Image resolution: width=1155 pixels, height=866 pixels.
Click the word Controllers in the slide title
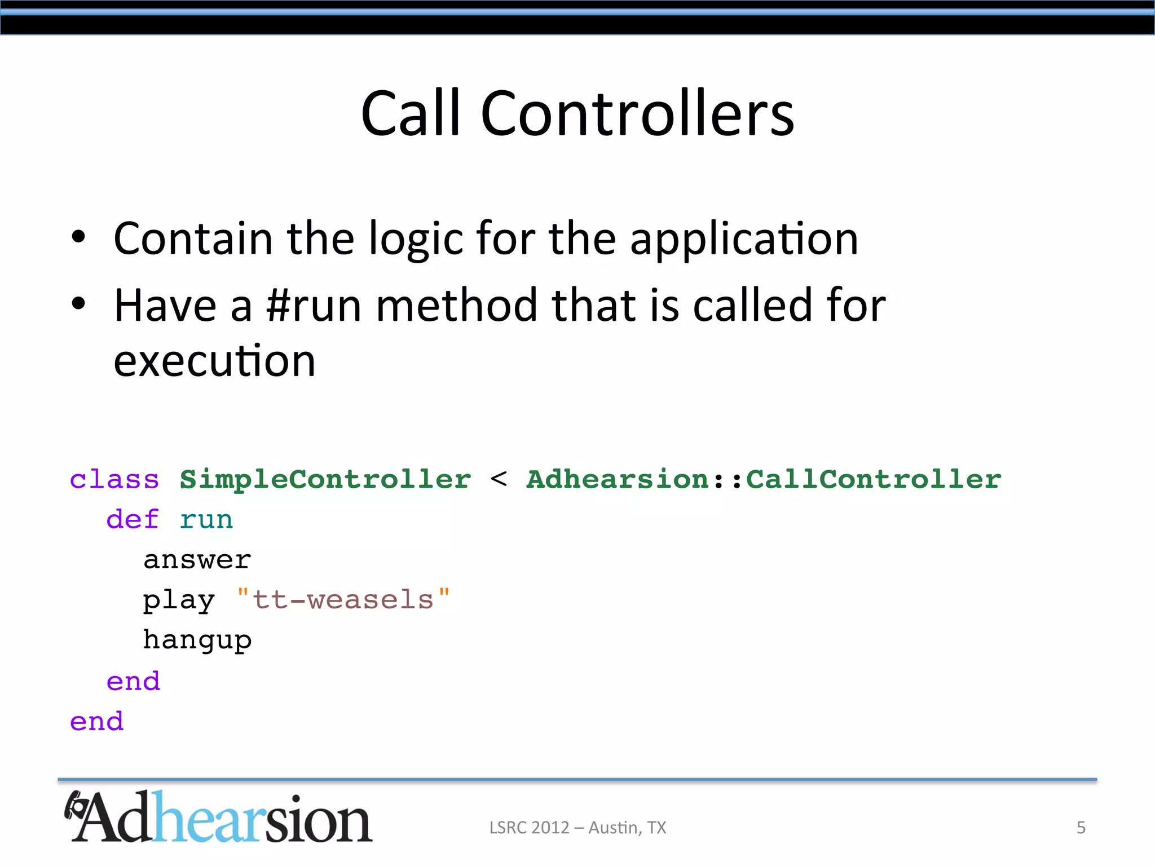pos(637,114)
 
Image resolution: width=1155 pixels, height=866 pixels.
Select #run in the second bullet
pos(314,306)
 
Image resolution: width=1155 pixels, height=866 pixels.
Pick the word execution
pos(214,361)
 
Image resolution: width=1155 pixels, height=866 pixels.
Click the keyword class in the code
pos(114,480)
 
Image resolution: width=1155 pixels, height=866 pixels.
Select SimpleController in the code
pos(325,480)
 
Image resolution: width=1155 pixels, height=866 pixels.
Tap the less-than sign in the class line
pos(499,479)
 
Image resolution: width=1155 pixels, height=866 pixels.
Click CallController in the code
pos(874,480)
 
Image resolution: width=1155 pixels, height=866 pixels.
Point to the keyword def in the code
pos(133,519)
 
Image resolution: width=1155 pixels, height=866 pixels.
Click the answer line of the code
pos(197,560)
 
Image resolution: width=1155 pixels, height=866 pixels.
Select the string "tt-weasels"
pos(343,599)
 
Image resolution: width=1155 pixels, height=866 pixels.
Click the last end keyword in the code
pos(96,722)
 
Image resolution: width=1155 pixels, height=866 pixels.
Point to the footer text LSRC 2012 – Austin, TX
pos(577,828)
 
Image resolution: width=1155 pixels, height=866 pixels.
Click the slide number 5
pos(1081,828)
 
